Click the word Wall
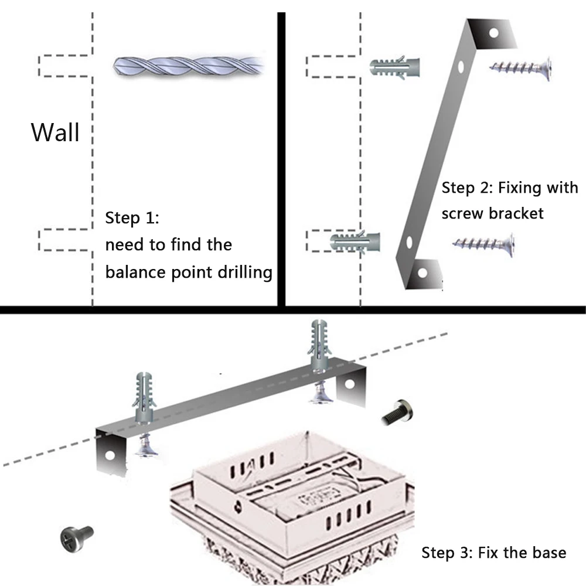[55, 132]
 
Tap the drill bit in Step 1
[188, 65]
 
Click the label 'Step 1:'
[131, 219]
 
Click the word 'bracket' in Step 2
[516, 213]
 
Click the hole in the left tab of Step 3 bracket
[109, 455]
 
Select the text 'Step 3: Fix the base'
[493, 552]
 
